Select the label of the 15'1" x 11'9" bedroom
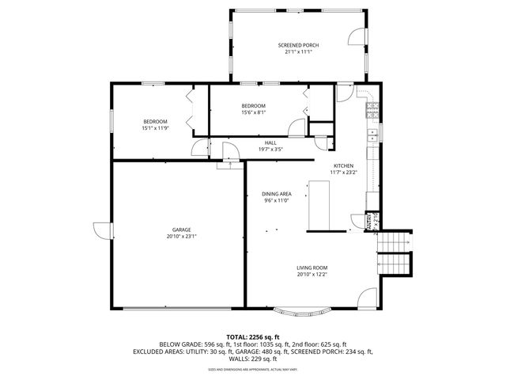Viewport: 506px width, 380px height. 155,121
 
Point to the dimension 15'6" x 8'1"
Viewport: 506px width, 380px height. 253,112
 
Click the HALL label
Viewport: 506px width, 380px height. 270,142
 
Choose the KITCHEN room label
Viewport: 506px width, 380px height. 342,165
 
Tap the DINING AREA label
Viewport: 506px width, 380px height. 277,194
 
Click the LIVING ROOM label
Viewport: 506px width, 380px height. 312,268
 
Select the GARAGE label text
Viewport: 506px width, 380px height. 181,230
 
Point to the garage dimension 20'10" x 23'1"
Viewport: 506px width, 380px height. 181,236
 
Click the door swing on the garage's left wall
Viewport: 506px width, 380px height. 102,232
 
